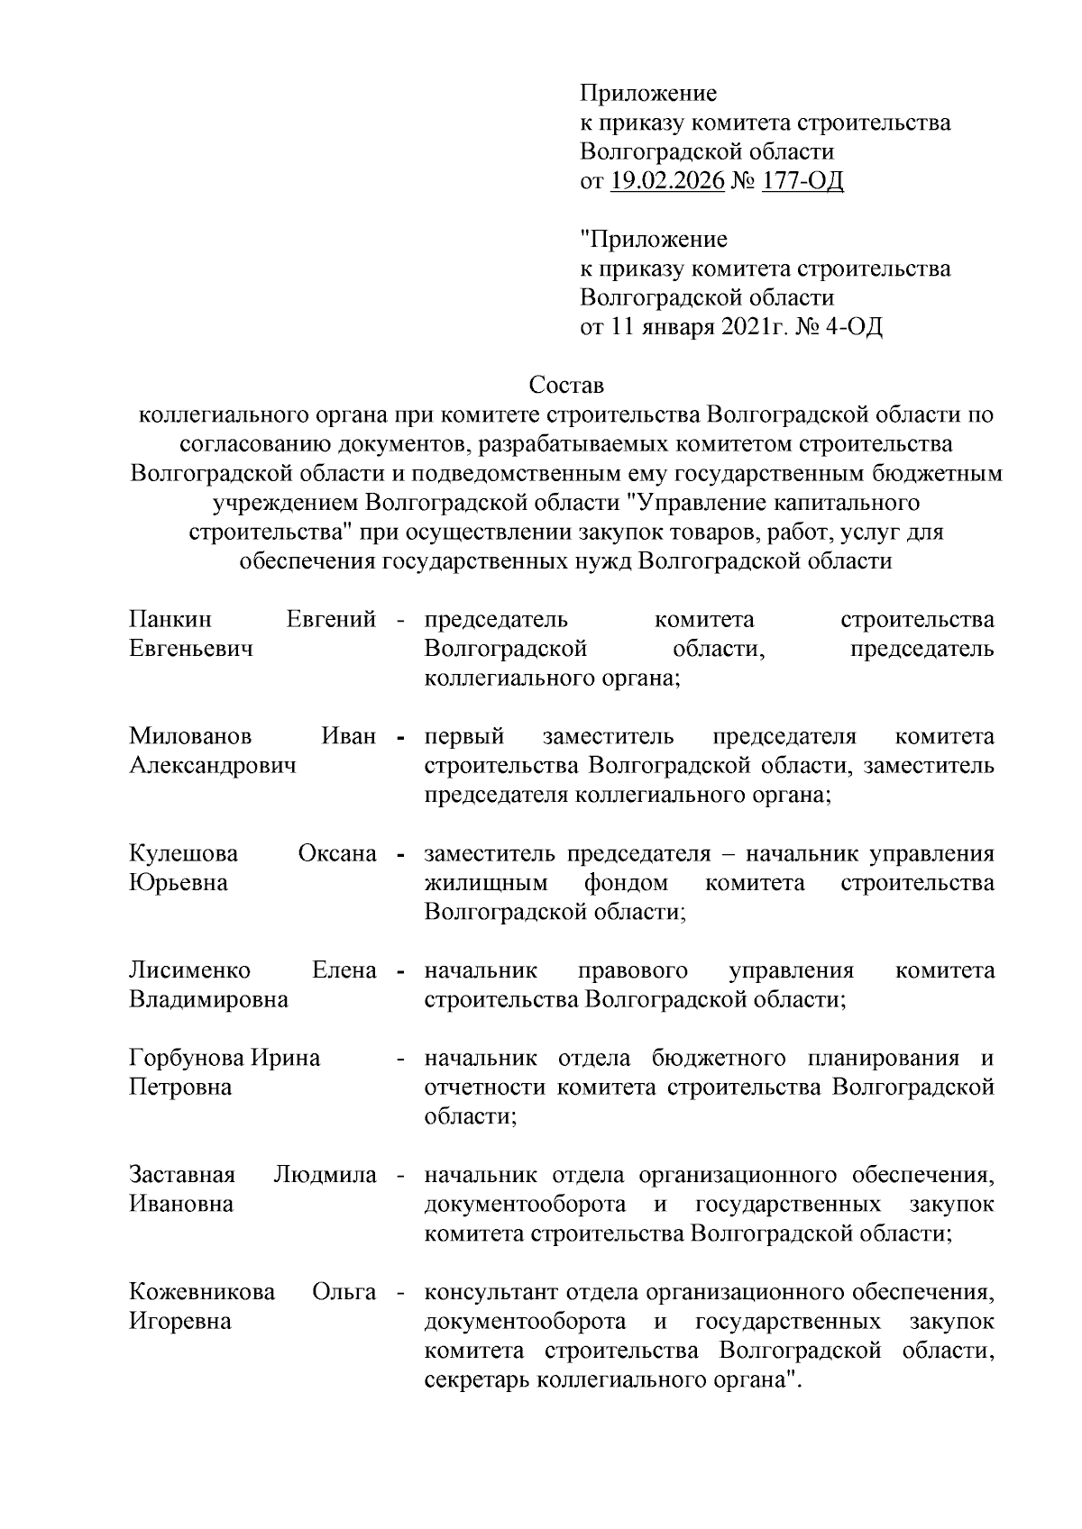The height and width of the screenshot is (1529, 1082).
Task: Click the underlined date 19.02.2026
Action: point(667,181)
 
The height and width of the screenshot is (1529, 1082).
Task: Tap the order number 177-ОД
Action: point(802,181)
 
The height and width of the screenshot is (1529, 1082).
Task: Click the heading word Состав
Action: point(565,386)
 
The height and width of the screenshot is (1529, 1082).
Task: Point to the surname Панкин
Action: point(170,620)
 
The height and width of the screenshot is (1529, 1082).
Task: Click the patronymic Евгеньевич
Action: point(190,649)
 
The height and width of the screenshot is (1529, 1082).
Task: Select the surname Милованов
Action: point(190,737)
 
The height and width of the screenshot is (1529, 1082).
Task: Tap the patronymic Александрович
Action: point(213,766)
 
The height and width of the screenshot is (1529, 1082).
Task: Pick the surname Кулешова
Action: point(183,853)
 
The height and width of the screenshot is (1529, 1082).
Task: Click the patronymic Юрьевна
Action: point(179,882)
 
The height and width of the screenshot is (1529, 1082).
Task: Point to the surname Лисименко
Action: point(190,970)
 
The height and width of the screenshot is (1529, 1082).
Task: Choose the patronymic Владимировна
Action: point(208,999)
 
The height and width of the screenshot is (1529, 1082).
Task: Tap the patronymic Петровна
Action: point(180,1087)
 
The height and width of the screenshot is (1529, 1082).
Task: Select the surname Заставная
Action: point(182,1175)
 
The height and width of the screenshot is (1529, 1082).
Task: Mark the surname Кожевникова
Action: point(202,1292)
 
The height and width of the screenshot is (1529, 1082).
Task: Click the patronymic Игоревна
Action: point(180,1321)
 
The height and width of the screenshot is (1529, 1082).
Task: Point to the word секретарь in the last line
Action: point(476,1379)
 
